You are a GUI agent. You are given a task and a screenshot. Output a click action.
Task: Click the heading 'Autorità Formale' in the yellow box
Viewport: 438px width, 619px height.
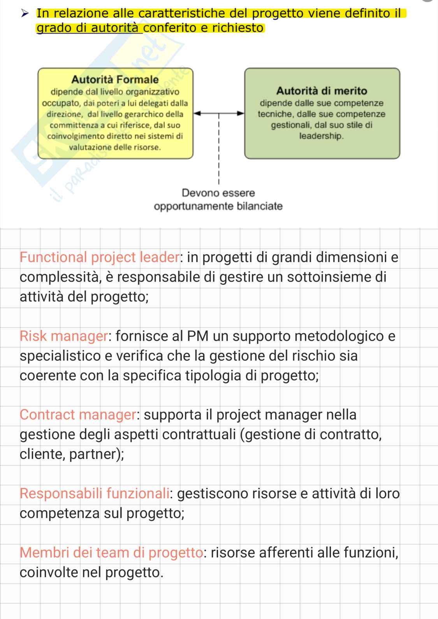click(115, 79)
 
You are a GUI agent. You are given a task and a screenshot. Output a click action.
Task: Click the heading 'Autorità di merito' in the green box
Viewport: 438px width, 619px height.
click(322, 91)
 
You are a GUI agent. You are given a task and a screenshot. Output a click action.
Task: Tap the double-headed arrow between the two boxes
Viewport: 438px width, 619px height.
click(219, 114)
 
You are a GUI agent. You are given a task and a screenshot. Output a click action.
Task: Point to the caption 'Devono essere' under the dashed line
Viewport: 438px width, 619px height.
click(218, 193)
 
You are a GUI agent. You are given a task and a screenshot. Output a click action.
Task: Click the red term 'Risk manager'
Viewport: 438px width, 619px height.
click(63, 336)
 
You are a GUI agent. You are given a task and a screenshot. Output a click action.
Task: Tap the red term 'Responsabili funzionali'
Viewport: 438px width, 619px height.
click(95, 494)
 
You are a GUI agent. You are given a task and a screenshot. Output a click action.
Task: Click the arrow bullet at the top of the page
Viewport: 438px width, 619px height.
click(25, 14)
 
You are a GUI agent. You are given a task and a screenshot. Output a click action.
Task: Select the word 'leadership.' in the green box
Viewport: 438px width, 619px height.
click(322, 136)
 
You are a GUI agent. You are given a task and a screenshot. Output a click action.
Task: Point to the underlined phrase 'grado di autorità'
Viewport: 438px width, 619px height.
click(90, 28)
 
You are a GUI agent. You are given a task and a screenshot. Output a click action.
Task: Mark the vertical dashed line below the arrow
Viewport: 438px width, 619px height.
click(219, 152)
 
